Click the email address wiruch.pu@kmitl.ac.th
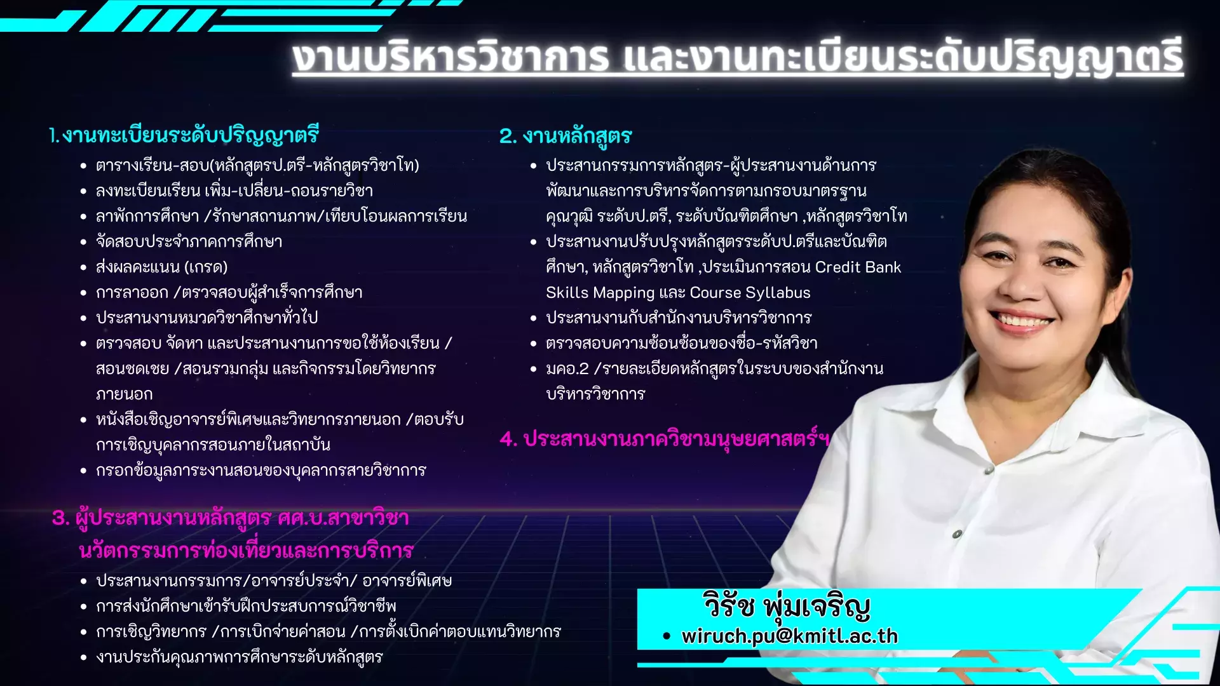(x=790, y=636)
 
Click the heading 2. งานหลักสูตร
(x=566, y=136)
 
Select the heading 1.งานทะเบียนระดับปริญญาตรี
(x=184, y=135)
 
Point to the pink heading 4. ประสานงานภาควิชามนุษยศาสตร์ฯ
(x=665, y=438)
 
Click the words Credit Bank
(x=858, y=267)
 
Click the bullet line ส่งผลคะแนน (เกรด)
(x=161, y=267)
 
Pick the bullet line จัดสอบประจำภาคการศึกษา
(x=189, y=241)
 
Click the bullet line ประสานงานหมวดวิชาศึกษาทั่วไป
(x=207, y=317)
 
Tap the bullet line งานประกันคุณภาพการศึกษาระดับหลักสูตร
(x=239, y=657)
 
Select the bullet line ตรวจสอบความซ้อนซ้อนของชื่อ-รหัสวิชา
(x=681, y=343)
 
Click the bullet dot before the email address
(x=666, y=636)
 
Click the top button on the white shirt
(x=957, y=534)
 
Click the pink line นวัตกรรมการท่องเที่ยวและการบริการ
(x=247, y=550)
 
